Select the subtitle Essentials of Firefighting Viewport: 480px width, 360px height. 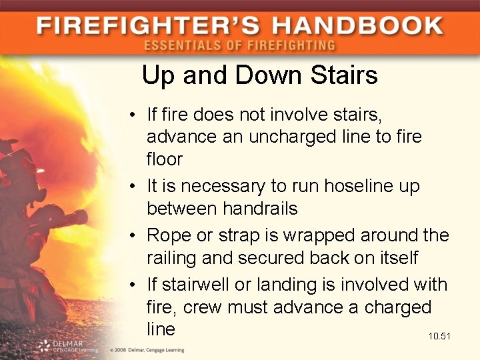pos(239,46)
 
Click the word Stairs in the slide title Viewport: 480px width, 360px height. pos(345,75)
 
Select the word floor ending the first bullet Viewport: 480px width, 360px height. pos(165,159)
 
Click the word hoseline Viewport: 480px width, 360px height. pos(359,186)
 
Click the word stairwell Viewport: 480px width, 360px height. pos(200,285)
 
